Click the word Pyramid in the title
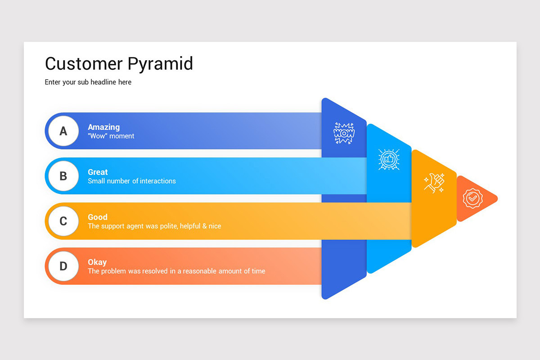click(x=160, y=64)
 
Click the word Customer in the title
click(x=84, y=63)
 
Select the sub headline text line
click(x=88, y=82)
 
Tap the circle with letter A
click(x=63, y=131)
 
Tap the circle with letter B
click(x=63, y=176)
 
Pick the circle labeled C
click(x=63, y=221)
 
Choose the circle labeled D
click(x=63, y=266)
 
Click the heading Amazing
click(x=103, y=127)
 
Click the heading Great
click(x=98, y=172)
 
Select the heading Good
click(x=98, y=217)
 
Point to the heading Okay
click(x=97, y=262)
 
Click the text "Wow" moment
click(x=111, y=136)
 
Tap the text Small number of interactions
click(x=132, y=181)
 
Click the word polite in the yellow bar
click(x=168, y=226)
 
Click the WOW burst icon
click(x=344, y=133)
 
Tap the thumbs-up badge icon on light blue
click(x=389, y=159)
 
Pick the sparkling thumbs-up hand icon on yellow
click(x=434, y=183)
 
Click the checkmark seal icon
click(x=472, y=198)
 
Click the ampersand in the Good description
click(x=204, y=226)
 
